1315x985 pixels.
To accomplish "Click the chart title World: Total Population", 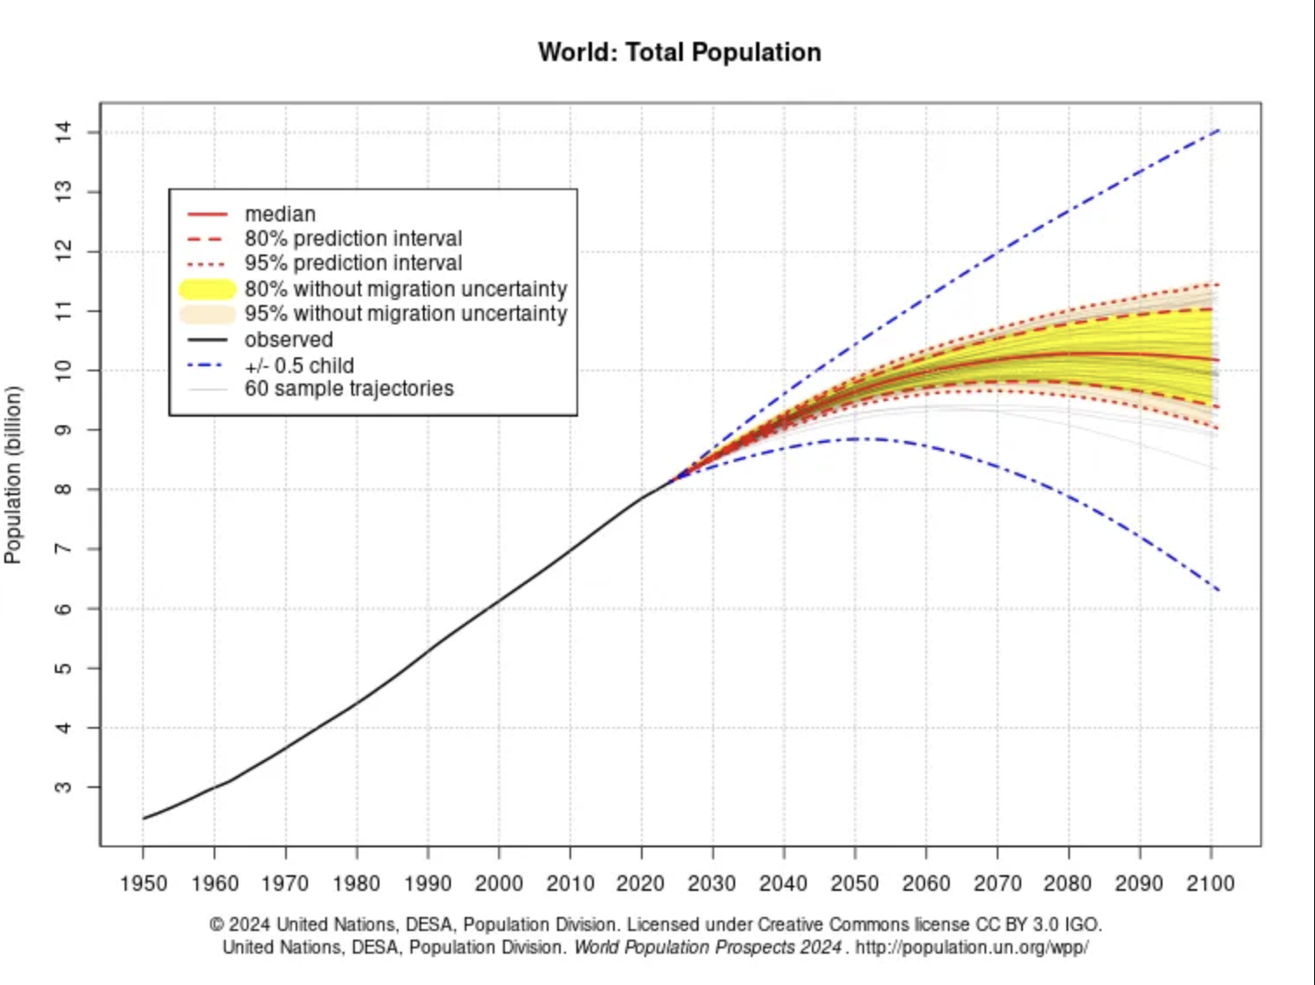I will [x=679, y=52].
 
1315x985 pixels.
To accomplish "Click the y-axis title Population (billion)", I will [x=13, y=475].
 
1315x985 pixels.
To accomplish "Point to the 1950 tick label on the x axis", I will [x=144, y=884].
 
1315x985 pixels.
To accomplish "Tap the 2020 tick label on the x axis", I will [x=641, y=884].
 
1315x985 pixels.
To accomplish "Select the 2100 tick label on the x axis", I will [x=1210, y=884].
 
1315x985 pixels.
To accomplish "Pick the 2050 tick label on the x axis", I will [x=855, y=884].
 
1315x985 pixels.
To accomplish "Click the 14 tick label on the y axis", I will [x=64, y=132].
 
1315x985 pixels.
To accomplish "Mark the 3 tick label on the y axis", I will [x=64, y=787].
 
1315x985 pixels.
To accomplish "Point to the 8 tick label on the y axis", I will [x=64, y=489].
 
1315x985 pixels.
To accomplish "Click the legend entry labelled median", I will [x=280, y=214].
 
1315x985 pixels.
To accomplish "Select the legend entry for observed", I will [x=289, y=340].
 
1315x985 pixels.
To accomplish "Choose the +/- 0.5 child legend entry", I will [x=299, y=365].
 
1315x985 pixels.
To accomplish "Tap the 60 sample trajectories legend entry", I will [x=349, y=389].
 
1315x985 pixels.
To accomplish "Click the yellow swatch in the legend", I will [x=208, y=289].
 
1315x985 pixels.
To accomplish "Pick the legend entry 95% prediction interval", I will [x=353, y=263].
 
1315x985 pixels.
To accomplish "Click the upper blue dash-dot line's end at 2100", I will [x=1218, y=131].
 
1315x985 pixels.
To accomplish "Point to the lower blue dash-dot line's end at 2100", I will [x=1218, y=590].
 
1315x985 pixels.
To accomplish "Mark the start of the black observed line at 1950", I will [x=144, y=819].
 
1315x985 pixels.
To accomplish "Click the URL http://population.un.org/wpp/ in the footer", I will [x=971, y=948].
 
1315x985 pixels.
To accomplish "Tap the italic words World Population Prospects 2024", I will [x=707, y=948].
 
